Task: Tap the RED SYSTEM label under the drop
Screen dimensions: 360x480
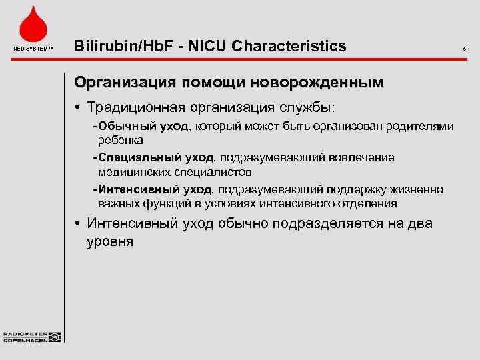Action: point(32,48)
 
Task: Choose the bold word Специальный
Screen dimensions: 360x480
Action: point(138,157)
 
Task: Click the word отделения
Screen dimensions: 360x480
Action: point(365,203)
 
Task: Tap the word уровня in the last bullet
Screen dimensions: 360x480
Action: point(110,241)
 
